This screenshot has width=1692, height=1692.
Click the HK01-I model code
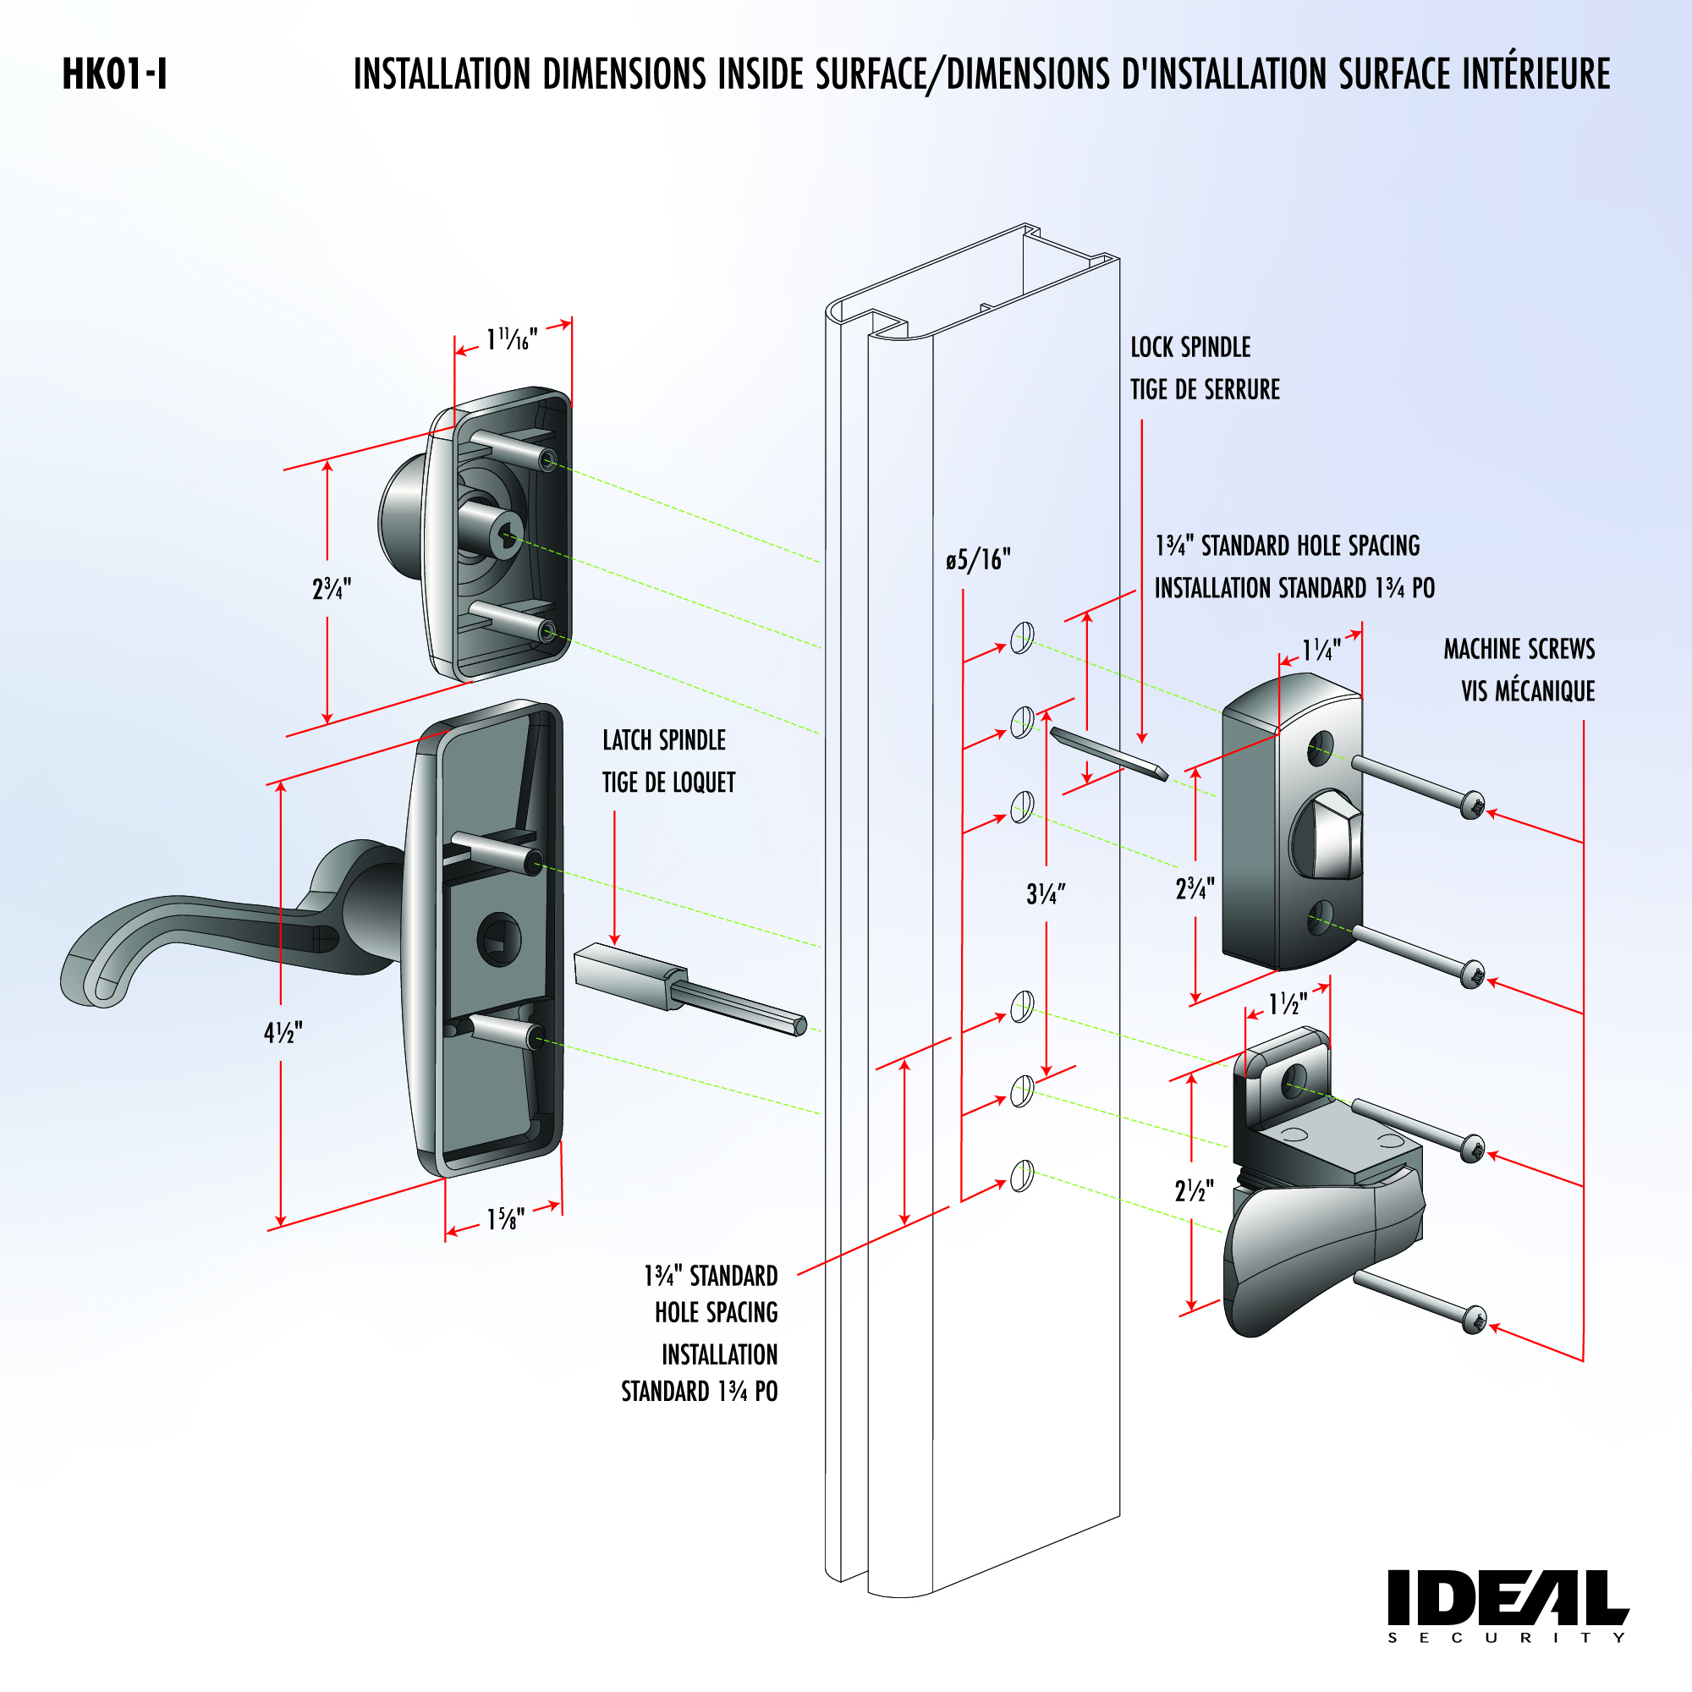pyautogui.click(x=114, y=74)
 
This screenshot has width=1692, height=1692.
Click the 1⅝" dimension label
pyautogui.click(x=505, y=1218)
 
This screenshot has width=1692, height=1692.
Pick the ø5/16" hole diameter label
pyautogui.click(x=977, y=558)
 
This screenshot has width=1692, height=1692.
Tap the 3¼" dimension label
pyautogui.click(x=1046, y=894)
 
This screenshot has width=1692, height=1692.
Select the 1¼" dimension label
pyautogui.click(x=1320, y=651)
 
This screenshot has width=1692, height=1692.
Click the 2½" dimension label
pyautogui.click(x=1194, y=1191)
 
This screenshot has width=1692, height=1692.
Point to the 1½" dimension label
pyautogui.click(x=1288, y=1004)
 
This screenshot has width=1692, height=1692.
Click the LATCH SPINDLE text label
pyautogui.click(x=664, y=741)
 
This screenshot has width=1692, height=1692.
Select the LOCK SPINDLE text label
pyautogui.click(x=1189, y=348)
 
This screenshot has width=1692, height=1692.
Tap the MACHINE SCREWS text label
pyautogui.click(x=1519, y=649)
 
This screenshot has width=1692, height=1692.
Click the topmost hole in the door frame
pyautogui.click(x=1022, y=638)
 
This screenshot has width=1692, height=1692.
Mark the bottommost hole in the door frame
pyautogui.click(x=1022, y=1176)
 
